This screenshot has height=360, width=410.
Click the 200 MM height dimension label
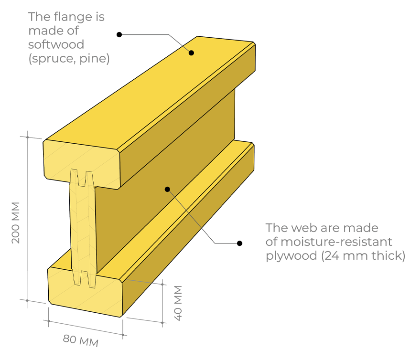16,222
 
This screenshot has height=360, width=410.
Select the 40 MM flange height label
177,303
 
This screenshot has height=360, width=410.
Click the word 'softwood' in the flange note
56,45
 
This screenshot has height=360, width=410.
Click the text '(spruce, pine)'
69,59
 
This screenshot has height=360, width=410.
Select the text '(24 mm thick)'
363,255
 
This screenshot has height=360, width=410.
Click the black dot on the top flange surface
191,53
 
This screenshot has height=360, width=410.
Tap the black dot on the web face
167,189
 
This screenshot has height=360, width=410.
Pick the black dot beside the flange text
119,34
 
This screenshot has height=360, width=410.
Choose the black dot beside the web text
240,243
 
